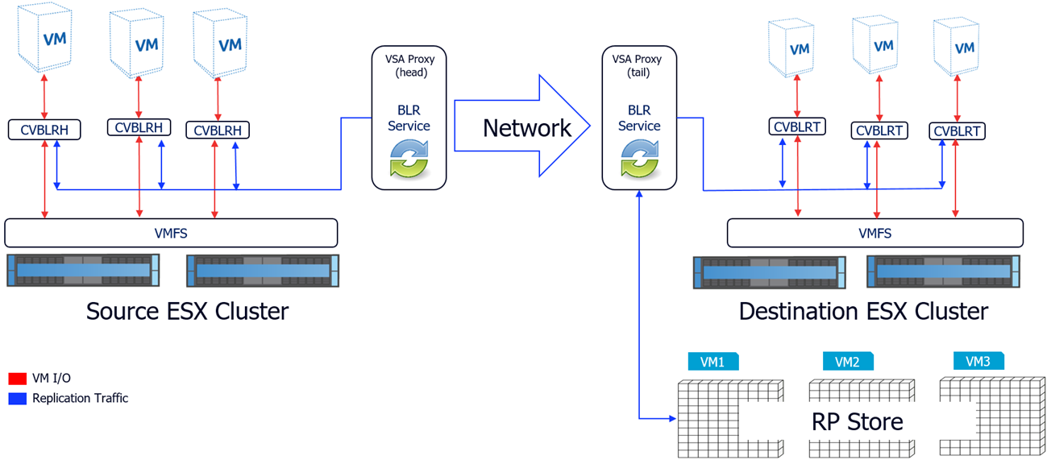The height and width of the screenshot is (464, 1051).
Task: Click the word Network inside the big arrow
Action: (x=526, y=127)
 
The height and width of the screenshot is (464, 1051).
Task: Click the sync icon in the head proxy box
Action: (x=409, y=158)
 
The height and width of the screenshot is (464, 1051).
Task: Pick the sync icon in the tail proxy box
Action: (x=639, y=158)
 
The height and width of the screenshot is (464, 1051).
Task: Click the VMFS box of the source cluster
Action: (x=171, y=233)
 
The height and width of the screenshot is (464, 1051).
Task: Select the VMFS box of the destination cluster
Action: (x=874, y=234)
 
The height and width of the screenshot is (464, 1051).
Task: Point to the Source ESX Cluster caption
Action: (x=187, y=310)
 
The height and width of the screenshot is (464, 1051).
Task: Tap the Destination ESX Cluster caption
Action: (x=863, y=311)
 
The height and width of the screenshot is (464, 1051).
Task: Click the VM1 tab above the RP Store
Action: (x=712, y=362)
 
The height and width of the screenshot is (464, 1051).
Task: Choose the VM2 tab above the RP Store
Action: (x=847, y=362)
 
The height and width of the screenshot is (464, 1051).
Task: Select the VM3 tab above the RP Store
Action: (x=978, y=362)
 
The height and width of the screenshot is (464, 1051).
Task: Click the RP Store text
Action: (x=857, y=420)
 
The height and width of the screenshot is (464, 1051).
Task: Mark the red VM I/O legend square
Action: (x=17, y=378)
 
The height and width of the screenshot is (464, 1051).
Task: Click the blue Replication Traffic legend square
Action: (x=17, y=398)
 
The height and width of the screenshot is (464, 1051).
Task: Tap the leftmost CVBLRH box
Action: (x=44, y=129)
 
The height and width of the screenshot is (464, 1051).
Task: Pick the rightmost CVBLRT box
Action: (x=958, y=130)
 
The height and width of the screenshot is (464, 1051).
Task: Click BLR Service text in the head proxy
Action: (x=409, y=118)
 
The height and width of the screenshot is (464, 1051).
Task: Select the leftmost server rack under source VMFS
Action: (x=84, y=270)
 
